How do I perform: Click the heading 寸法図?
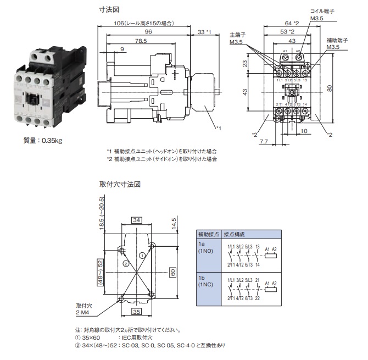point(109,10)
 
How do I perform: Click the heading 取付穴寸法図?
point(120,184)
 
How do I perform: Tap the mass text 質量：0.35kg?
point(43,140)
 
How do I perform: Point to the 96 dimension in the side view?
point(148,32)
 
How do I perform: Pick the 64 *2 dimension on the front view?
point(293,23)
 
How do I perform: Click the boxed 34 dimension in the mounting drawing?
point(137,220)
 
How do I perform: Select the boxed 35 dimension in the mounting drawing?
point(137,311)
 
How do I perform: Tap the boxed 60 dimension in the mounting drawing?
point(172,272)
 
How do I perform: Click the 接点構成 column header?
point(235,234)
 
